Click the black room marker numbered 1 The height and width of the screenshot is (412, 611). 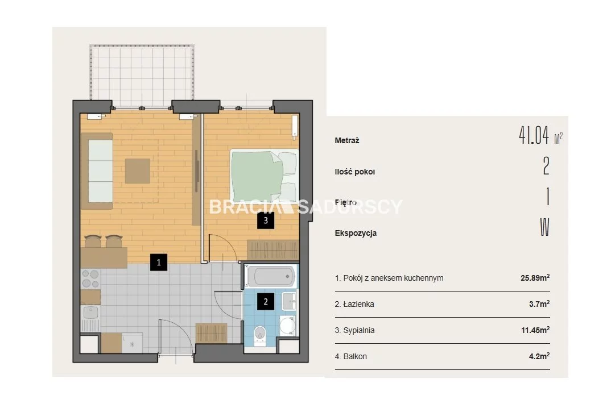pos(159,263)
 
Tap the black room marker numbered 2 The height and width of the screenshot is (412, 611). pos(265,302)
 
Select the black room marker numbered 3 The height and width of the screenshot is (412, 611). pos(265,220)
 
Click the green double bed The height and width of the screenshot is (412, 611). pos(264,176)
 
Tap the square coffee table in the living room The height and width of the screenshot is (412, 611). pos(138,171)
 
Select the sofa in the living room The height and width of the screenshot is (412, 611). pos(97,171)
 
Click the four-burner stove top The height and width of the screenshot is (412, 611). pos(90,279)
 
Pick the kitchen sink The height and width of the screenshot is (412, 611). pos(90,313)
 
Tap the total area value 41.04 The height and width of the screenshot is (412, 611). pos(534,135)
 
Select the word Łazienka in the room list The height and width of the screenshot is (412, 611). pos(358,304)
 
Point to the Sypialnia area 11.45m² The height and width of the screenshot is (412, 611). pos(535,330)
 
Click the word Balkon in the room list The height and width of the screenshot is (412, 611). pos(355,356)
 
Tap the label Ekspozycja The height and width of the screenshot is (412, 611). pos(356,233)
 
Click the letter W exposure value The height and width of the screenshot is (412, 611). pos(544,227)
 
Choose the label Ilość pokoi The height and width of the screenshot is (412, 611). pos(354,172)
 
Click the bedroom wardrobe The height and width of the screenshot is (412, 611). pos(273,250)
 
